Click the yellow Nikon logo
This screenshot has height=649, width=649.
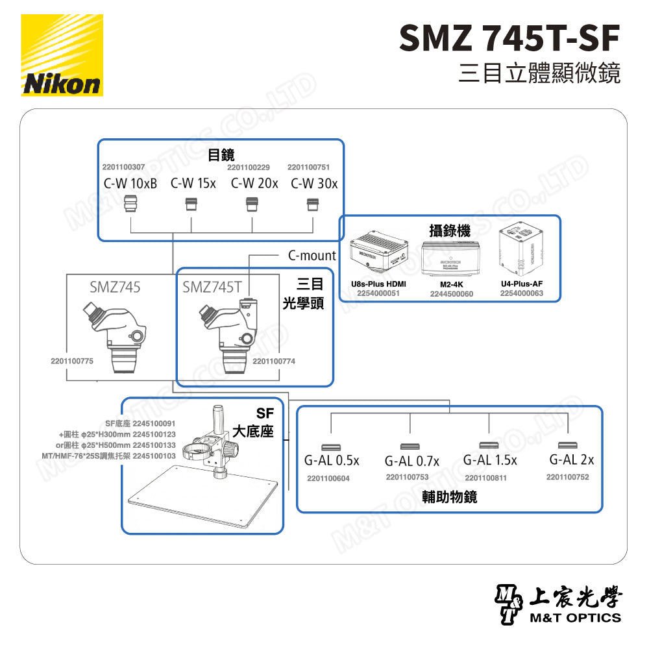[62, 55]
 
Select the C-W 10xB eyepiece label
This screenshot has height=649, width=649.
[130, 184]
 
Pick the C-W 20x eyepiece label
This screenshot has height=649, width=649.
[254, 184]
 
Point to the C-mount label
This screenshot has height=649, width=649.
[312, 256]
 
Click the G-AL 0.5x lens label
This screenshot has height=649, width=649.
[331, 461]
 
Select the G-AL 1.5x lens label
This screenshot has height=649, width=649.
[490, 461]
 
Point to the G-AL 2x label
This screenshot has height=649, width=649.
[571, 460]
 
